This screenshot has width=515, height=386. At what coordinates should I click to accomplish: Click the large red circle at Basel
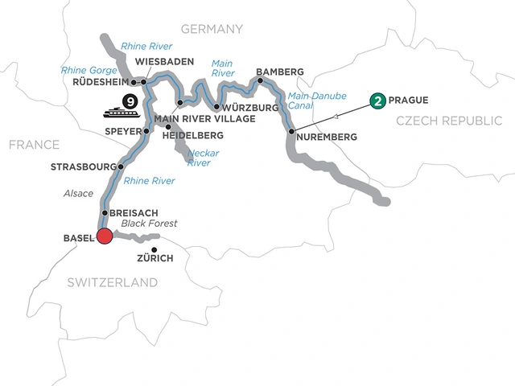104,236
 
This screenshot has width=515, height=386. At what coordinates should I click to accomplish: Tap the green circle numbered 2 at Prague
376,101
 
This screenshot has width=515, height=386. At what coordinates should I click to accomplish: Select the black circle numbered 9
128,102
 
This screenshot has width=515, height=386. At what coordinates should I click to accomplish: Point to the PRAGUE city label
409,101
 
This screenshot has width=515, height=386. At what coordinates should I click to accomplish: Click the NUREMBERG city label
326,138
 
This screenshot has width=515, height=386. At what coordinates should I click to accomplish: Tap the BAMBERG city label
279,72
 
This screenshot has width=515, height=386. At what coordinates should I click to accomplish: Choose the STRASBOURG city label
84,167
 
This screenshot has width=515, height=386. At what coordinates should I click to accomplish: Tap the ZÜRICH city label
155,258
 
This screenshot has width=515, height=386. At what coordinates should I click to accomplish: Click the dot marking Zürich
154,248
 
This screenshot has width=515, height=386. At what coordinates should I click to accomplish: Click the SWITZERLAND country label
112,282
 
